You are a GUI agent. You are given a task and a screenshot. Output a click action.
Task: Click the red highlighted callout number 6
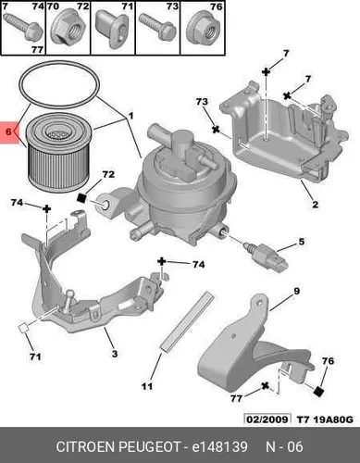pyautogui.click(x=8, y=131)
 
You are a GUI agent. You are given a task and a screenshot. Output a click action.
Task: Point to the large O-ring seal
pyautogui.click(x=59, y=81)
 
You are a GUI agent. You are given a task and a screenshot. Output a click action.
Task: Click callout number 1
pyautogui.click(x=130, y=116)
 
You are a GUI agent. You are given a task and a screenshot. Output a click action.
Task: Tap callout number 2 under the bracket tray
pyautogui.click(x=315, y=204)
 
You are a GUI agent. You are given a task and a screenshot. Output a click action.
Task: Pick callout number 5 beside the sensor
pyautogui.click(x=302, y=242)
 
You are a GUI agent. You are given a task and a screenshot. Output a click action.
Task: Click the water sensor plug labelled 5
pyautogui.click(x=266, y=256)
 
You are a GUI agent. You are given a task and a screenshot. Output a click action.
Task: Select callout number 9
pyautogui.click(x=296, y=291)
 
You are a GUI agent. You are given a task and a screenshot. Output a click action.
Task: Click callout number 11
pyautogui.click(x=147, y=386)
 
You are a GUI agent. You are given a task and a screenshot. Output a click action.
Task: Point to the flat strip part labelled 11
pyautogui.click(x=188, y=321)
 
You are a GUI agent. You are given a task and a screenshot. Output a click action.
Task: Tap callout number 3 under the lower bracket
pyautogui.click(x=115, y=354)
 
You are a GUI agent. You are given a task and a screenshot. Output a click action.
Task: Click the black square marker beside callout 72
pyautogui.click(x=81, y=197)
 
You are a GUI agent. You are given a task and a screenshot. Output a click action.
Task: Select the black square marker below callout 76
pyautogui.click(x=318, y=391)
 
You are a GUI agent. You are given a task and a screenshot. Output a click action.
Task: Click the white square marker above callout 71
pyautogui.click(x=23, y=328)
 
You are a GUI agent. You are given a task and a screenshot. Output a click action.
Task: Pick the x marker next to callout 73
pyautogui.click(x=216, y=130)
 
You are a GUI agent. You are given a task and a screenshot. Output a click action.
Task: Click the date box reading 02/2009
pyautogui.click(x=267, y=419)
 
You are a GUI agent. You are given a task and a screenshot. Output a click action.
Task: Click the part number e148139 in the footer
pyautogui.click(x=220, y=446)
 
